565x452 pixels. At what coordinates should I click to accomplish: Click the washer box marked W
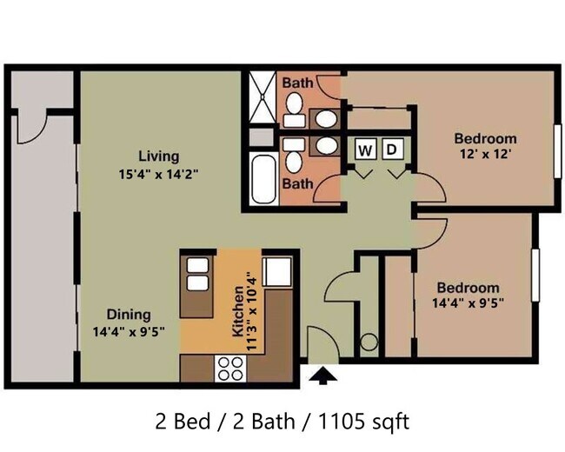click(366, 149)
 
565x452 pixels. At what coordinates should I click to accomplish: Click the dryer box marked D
click(392, 149)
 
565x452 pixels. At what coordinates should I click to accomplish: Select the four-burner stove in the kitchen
click(230, 369)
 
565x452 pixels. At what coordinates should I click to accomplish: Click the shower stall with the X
click(263, 97)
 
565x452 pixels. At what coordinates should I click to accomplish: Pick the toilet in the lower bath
click(294, 156)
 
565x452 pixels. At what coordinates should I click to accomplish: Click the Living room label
click(159, 156)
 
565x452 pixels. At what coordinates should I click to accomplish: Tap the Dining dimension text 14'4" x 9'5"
click(129, 331)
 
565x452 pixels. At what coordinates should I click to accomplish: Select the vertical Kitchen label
click(238, 311)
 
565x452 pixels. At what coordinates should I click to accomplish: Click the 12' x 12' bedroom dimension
click(486, 154)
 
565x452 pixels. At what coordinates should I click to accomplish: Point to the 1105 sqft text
click(364, 421)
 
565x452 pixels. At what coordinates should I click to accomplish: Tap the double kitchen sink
click(198, 274)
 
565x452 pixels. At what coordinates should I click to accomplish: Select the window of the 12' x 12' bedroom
click(558, 151)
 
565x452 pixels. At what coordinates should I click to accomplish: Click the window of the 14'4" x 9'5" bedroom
click(535, 275)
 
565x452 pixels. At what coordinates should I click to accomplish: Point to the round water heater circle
click(369, 342)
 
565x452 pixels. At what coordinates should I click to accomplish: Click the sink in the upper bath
click(327, 118)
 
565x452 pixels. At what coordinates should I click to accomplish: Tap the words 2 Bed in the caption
click(183, 421)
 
